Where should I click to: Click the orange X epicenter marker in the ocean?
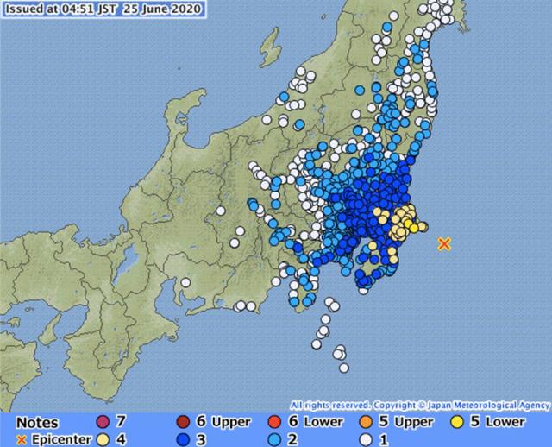click(x=444, y=244)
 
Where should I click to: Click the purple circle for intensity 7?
click(x=103, y=422)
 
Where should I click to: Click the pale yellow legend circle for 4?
click(x=103, y=439)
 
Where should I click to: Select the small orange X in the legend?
click(x=22, y=439)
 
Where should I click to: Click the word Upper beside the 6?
click(x=230, y=422)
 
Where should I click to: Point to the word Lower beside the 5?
click(x=505, y=422)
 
